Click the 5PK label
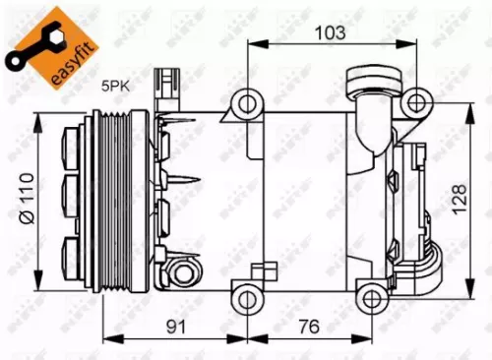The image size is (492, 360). coord(117,87)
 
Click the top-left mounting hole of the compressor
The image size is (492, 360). coord(247,101)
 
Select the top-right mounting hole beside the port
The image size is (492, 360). coord(417,100)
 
